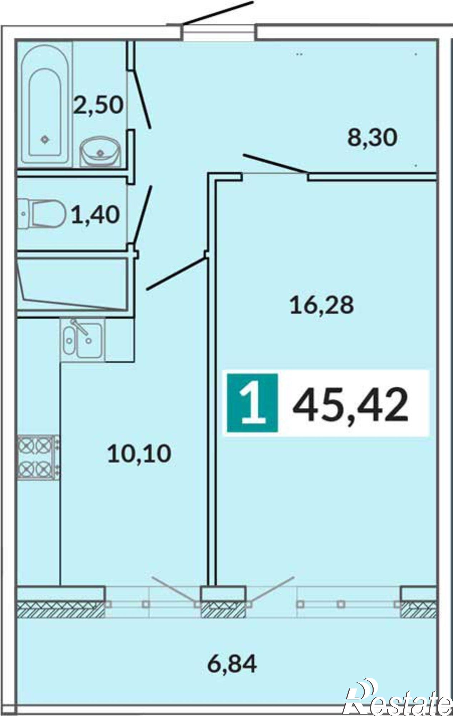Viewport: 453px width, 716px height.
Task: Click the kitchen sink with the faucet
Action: (x=83, y=339)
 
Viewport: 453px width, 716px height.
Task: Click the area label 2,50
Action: (x=98, y=106)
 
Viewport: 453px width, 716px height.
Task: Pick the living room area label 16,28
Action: (x=322, y=305)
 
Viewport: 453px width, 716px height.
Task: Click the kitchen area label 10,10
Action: (x=139, y=454)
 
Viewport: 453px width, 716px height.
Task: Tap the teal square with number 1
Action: (x=252, y=402)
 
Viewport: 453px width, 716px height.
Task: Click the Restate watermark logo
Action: (x=397, y=696)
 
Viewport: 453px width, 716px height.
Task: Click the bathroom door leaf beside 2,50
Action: (x=142, y=98)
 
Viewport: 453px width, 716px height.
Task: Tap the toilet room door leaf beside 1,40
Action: (x=143, y=215)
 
